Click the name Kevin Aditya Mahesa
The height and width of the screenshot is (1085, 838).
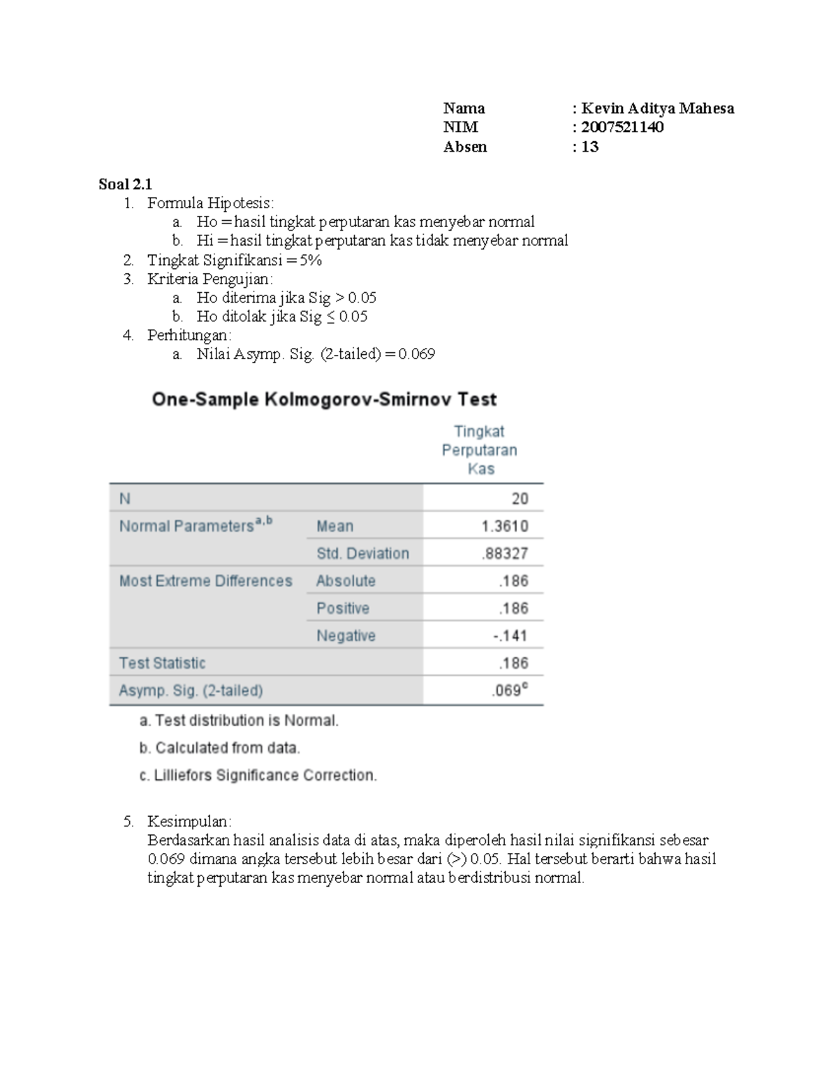pos(657,108)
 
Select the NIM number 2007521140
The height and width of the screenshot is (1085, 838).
pos(622,127)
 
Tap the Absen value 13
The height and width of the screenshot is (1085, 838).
pos(589,147)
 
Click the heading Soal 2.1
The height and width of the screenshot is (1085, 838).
pos(125,184)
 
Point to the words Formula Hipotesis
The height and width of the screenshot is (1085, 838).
pos(210,203)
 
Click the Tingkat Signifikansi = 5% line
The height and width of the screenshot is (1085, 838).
pos(234,261)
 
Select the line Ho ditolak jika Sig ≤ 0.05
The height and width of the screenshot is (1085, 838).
pos(281,316)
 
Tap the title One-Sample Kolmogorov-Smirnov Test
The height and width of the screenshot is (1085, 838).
pos(324,400)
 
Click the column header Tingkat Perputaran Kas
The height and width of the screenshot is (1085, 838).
pos(480,450)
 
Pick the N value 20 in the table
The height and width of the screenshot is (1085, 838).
pos(520,499)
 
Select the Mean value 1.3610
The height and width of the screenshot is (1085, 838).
pos(504,526)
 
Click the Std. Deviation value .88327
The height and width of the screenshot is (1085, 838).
pos(504,553)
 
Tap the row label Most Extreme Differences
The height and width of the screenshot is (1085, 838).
pos(205,581)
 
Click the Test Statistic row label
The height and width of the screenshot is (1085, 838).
pos(162,663)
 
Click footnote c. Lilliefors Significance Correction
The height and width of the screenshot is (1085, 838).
pos(258,775)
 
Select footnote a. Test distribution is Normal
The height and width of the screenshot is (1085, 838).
pos(239,720)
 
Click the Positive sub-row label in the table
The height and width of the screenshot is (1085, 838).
pos(342,609)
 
